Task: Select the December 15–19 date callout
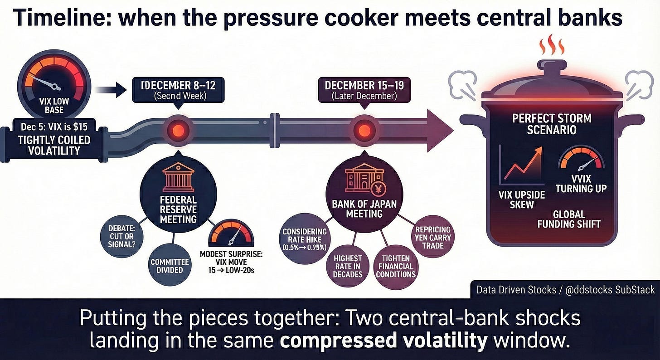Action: coord(365,89)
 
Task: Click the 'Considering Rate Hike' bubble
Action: coord(304,237)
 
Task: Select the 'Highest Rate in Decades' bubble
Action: coord(348,266)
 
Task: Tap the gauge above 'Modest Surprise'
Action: coord(231,233)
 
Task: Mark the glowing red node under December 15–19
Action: coord(364,130)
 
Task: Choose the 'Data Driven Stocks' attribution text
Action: coord(565,289)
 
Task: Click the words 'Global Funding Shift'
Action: coord(569,219)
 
